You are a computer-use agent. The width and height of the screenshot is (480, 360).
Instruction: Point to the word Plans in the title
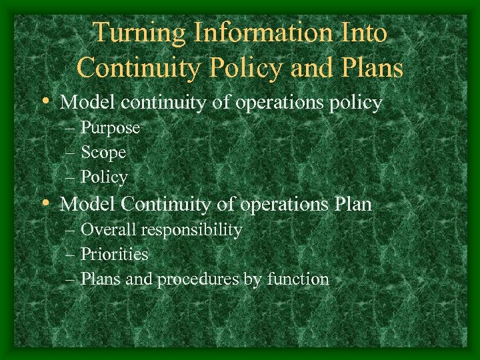[x=368, y=67]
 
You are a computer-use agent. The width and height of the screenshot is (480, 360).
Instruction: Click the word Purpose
[x=110, y=128]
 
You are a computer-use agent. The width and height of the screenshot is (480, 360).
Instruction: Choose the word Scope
[x=103, y=153]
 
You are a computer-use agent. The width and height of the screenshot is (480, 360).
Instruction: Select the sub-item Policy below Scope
[x=104, y=177]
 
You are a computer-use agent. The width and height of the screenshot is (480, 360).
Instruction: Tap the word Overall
[x=109, y=230]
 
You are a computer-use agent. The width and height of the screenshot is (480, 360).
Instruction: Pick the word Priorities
[x=114, y=254]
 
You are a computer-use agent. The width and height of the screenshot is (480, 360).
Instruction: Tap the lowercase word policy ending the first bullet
[x=359, y=103]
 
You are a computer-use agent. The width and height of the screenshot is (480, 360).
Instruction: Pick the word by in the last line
[x=253, y=279]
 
